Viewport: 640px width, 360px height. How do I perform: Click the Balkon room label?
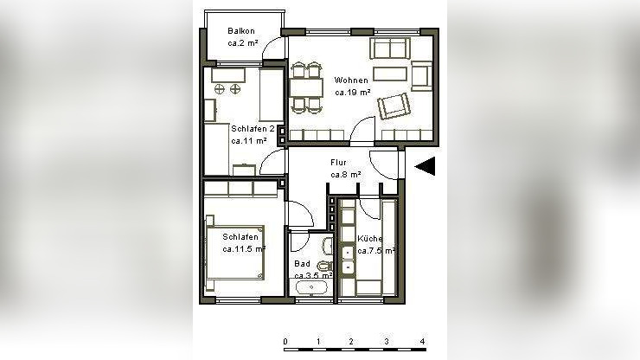tap(241, 31)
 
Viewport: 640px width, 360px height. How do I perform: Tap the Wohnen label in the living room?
tap(351, 80)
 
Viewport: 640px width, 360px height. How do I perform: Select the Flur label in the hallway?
tap(338, 163)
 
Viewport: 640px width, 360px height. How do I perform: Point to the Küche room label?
tap(370, 239)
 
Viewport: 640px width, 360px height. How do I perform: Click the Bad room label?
tap(302, 264)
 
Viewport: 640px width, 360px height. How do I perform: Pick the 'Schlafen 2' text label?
tap(253, 129)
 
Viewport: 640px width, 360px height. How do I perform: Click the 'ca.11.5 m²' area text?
tap(244, 249)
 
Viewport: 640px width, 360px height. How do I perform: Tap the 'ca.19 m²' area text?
tap(353, 93)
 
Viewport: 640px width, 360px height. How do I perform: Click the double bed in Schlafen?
tap(234, 253)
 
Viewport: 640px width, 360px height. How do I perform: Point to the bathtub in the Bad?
tap(311, 287)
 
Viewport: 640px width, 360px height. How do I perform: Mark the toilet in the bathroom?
tap(325, 266)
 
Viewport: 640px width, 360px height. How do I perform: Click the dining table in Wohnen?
tap(306, 88)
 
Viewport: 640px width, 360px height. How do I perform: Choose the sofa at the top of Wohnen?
tap(390, 48)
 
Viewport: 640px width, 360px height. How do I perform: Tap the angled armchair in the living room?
tap(394, 106)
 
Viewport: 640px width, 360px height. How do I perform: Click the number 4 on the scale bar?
tap(422, 341)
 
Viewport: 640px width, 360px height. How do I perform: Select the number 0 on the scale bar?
tap(285, 341)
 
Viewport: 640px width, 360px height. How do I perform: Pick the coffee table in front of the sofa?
tap(390, 74)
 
